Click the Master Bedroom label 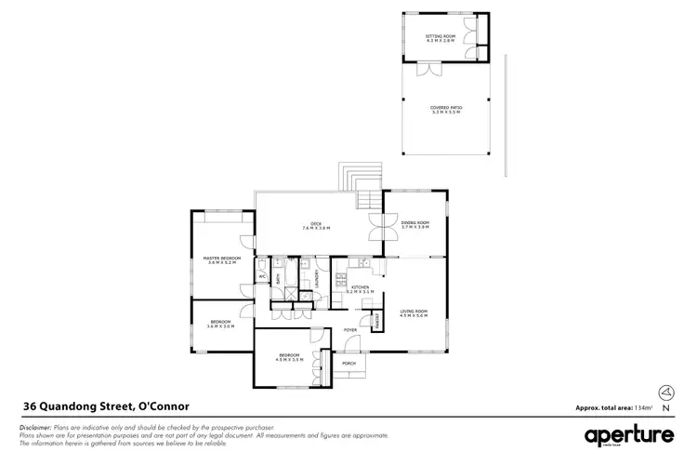coord(221,259)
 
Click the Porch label coord(349,364)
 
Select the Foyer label coord(350,330)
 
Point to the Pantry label coord(376,321)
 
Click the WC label coord(263,276)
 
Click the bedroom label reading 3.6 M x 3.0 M coord(221,325)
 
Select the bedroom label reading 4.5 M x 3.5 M coord(291,357)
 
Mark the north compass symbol coord(665,392)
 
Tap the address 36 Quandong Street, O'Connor coord(106,405)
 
